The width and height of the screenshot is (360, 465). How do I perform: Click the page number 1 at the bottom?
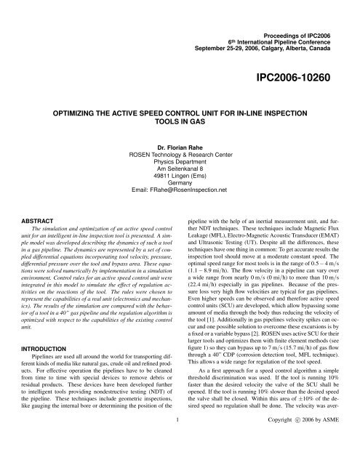click(180, 458)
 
